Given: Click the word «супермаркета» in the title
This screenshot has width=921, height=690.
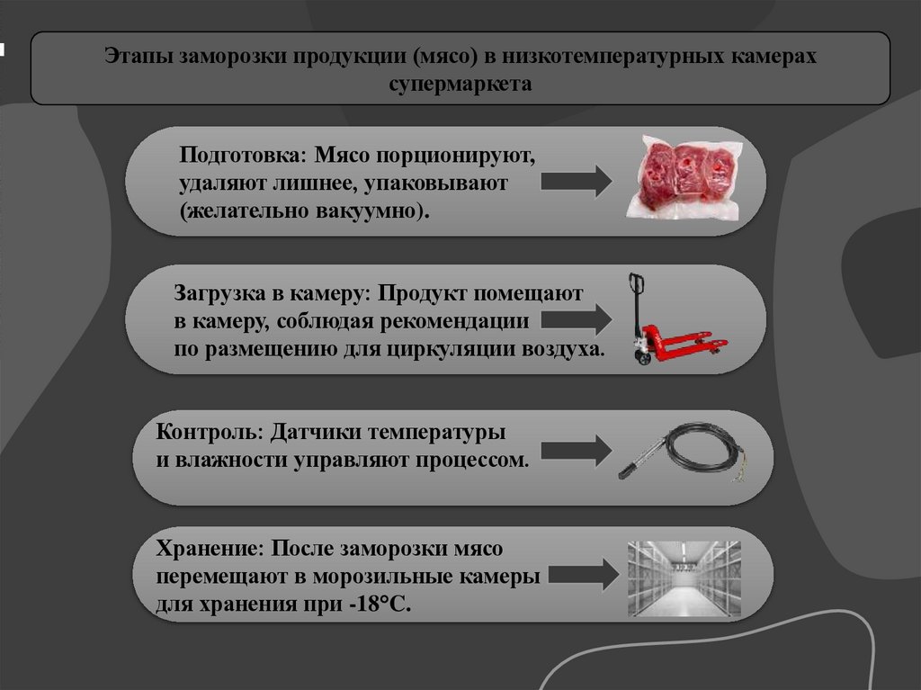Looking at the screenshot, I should tap(460, 85).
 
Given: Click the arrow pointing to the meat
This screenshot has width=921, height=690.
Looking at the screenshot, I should tap(576, 181).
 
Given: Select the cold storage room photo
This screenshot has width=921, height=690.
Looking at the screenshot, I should tap(684, 578).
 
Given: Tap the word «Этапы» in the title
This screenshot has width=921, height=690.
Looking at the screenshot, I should tap(138, 57).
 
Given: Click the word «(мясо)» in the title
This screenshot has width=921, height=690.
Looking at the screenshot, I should tap(444, 57).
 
